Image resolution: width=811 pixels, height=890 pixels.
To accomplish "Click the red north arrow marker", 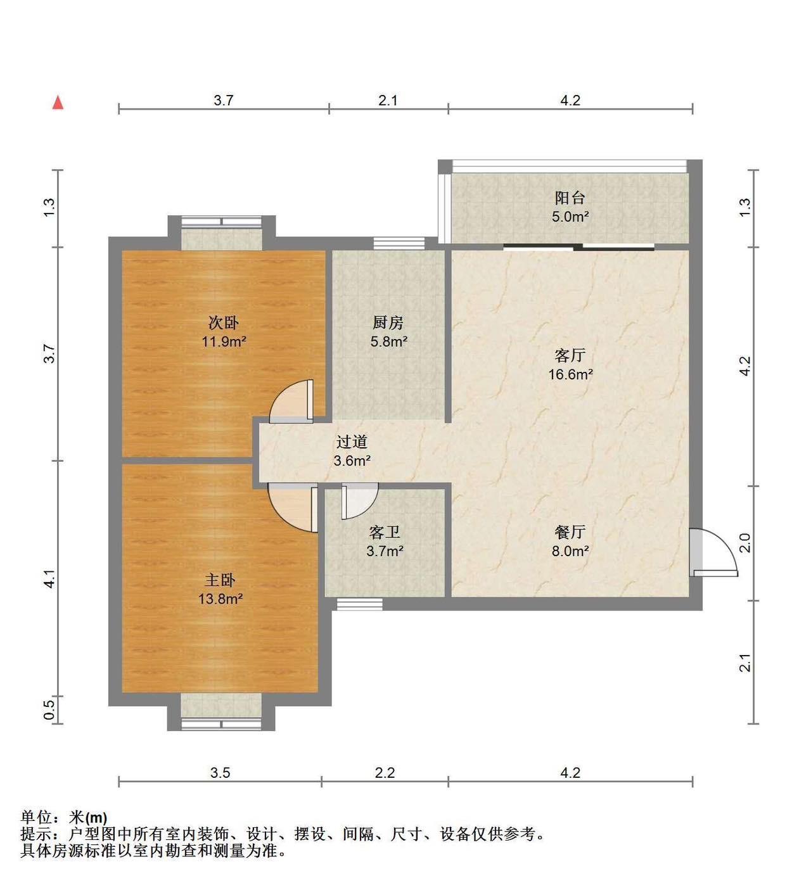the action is [x=58, y=102].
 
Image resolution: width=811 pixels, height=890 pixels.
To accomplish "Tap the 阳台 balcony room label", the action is [x=570, y=198].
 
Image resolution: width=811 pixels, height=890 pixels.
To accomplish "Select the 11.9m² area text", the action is [x=224, y=341].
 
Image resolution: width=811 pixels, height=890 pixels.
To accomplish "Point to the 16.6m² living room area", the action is [x=570, y=374].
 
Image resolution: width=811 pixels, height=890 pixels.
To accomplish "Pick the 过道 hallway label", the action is [x=352, y=442].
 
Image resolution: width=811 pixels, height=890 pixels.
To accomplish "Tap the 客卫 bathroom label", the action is [x=385, y=531].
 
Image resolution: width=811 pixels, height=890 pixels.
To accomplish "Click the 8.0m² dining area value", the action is [x=570, y=550].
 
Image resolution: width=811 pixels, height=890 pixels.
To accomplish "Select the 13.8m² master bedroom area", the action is [x=220, y=599].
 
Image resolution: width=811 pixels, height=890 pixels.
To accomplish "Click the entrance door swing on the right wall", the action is [x=713, y=552].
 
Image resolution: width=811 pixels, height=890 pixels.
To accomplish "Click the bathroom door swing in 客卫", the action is [x=359, y=501].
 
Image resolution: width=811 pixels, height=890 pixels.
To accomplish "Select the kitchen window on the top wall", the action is [x=399, y=243].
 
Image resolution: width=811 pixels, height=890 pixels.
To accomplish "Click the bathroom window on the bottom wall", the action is [x=359, y=604].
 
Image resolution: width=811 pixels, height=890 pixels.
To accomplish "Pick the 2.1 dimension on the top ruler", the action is [x=388, y=100].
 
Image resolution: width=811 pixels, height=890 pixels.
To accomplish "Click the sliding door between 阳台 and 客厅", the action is [x=579, y=247].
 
